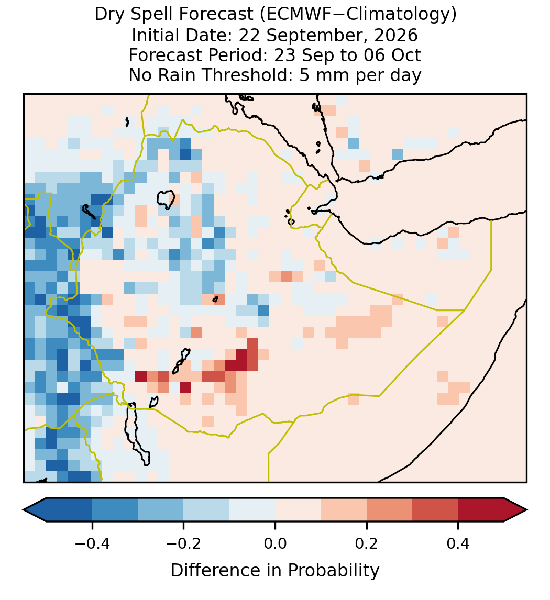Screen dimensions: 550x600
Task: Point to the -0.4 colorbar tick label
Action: pyautogui.click(x=92, y=543)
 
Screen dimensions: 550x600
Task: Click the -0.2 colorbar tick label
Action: pyautogui.click(x=184, y=543)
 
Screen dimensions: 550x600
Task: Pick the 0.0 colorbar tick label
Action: pyautogui.click(x=275, y=543)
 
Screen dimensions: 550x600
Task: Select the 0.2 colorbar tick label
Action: pyautogui.click(x=367, y=543)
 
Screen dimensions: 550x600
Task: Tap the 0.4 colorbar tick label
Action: pyautogui.click(x=458, y=543)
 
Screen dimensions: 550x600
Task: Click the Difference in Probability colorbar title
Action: pyautogui.click(x=275, y=570)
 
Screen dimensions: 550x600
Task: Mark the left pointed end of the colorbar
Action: pyautogui.click(x=24, y=510)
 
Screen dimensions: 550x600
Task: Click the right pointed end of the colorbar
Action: pyautogui.click(x=526, y=510)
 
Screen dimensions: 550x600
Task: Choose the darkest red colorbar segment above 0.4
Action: pyautogui.click(x=481, y=510)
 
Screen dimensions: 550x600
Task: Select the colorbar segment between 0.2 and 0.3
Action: pyautogui.click(x=389, y=510)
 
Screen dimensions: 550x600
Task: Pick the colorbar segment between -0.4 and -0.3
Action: pyautogui.click(x=115, y=510)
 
